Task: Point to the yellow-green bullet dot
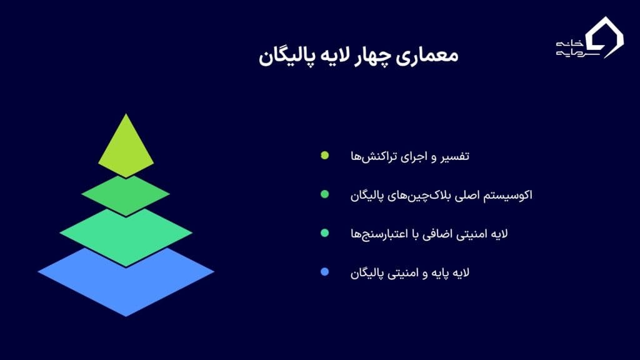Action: (x=325, y=155)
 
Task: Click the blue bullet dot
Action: (x=325, y=272)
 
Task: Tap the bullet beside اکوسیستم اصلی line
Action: (x=325, y=194)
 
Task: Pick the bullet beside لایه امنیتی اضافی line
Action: (x=325, y=233)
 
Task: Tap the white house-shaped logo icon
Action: (x=604, y=37)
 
